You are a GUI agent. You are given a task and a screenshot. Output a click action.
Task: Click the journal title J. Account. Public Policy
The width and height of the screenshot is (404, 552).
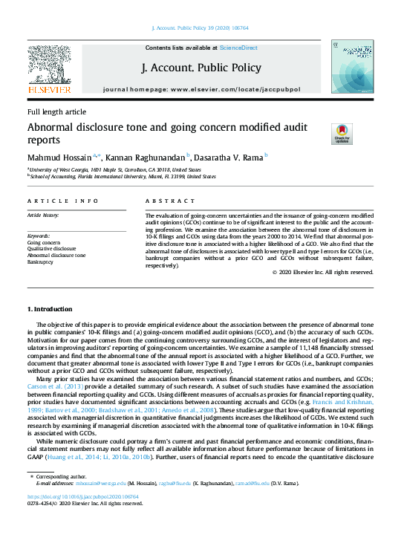201,68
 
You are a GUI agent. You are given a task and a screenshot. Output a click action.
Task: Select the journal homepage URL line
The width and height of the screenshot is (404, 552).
201,88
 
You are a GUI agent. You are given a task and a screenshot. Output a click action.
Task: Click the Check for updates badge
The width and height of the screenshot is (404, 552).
342,134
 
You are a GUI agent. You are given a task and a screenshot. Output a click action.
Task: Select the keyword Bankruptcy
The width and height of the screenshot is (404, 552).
42,262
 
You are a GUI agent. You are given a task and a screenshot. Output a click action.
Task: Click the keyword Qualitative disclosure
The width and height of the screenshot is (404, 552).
51,249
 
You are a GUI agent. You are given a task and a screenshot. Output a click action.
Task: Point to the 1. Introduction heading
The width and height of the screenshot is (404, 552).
50,308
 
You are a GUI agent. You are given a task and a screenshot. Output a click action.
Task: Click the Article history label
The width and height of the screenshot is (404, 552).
44,215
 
